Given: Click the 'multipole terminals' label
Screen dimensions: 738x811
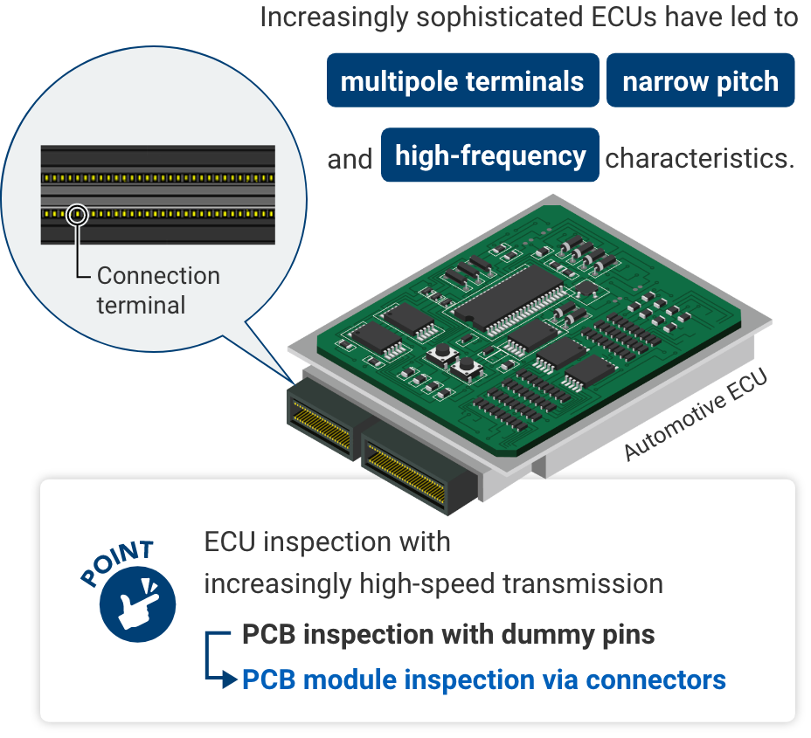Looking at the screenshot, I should [461, 82].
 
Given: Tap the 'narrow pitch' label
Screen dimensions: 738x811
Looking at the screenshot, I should [700, 82].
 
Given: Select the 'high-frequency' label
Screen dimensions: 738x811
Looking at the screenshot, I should [490, 156].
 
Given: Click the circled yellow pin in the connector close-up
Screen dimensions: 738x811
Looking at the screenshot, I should [77, 212].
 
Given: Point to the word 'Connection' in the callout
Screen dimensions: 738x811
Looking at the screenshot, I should [158, 276].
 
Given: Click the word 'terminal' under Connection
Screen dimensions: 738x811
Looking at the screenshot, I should [141, 306].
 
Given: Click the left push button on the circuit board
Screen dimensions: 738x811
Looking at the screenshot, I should [441, 354].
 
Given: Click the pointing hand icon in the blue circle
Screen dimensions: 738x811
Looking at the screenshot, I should [138, 603].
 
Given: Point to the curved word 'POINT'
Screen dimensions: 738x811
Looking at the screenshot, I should [117, 563].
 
